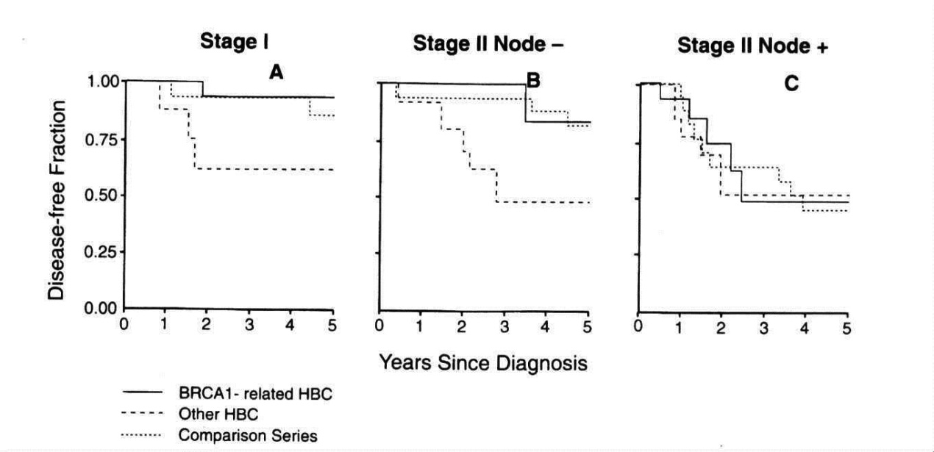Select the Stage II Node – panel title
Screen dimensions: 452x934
point(488,43)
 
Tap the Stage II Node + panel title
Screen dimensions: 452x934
point(752,46)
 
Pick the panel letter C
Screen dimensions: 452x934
point(791,85)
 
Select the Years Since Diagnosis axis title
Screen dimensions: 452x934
point(483,362)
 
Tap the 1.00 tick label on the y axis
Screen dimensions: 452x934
point(102,82)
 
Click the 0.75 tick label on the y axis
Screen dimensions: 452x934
point(102,139)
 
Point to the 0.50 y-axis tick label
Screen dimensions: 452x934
point(102,195)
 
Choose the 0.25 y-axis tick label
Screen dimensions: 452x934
point(102,252)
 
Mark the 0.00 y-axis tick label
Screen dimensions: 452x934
point(102,309)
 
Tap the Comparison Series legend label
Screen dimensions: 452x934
point(247,435)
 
